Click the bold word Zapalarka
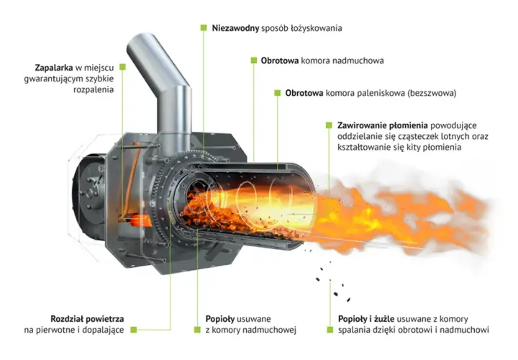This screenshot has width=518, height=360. (x=54, y=68)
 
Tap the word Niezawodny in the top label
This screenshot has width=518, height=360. (x=235, y=28)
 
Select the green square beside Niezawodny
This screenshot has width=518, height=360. (x=204, y=28)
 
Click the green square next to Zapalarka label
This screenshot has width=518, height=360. (x=122, y=67)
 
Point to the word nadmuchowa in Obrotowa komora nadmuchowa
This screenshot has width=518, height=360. (x=358, y=60)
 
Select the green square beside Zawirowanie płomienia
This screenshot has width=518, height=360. (x=329, y=125)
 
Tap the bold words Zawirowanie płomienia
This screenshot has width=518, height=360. (x=383, y=125)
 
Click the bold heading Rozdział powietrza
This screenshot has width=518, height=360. (x=87, y=319)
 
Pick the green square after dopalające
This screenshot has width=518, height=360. (x=134, y=330)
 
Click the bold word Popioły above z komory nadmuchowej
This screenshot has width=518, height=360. (x=220, y=320)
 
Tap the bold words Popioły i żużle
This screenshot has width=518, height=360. (x=366, y=320)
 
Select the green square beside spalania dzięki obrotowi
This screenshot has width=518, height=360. (x=330, y=330)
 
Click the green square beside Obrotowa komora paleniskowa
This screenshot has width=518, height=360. (x=278, y=93)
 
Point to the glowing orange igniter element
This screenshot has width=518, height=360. (x=137, y=220)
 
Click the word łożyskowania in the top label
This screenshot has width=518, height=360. (x=316, y=28)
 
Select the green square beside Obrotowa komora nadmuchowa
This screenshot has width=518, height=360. (x=254, y=60)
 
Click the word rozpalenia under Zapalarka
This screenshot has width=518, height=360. (x=94, y=90)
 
